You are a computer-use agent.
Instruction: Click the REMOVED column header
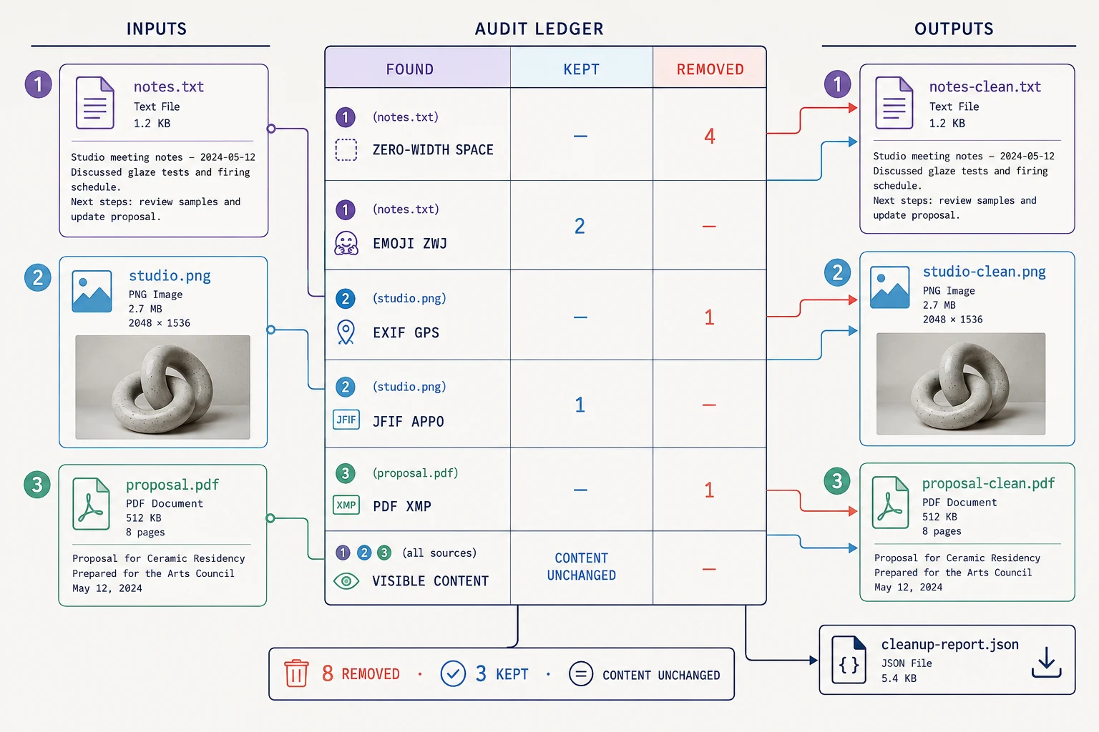[x=710, y=69]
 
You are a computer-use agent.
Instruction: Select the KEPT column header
[x=582, y=69]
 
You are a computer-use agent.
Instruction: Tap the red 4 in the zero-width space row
[x=710, y=137]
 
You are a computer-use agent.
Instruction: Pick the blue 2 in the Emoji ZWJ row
[x=580, y=226]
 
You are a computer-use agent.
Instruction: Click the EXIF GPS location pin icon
[x=346, y=332]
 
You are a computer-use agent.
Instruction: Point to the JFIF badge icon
[x=346, y=420]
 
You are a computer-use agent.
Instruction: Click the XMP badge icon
[x=346, y=505]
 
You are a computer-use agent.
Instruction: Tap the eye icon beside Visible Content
[x=346, y=581]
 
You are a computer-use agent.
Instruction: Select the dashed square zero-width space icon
[x=346, y=149]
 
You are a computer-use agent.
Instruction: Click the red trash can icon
[x=296, y=673]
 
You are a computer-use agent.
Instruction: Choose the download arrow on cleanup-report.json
[x=1047, y=663]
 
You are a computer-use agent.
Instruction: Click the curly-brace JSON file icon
[x=849, y=660]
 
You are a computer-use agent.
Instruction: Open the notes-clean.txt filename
[x=985, y=86]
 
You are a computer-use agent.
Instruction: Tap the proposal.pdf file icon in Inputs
[x=92, y=503]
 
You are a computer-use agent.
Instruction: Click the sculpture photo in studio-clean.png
[x=961, y=383]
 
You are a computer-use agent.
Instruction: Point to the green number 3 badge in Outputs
[x=837, y=481]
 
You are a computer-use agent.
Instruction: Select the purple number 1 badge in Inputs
[x=38, y=84]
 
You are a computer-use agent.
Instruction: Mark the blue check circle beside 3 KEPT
[x=453, y=673]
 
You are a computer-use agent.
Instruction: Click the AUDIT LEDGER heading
[x=539, y=29]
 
